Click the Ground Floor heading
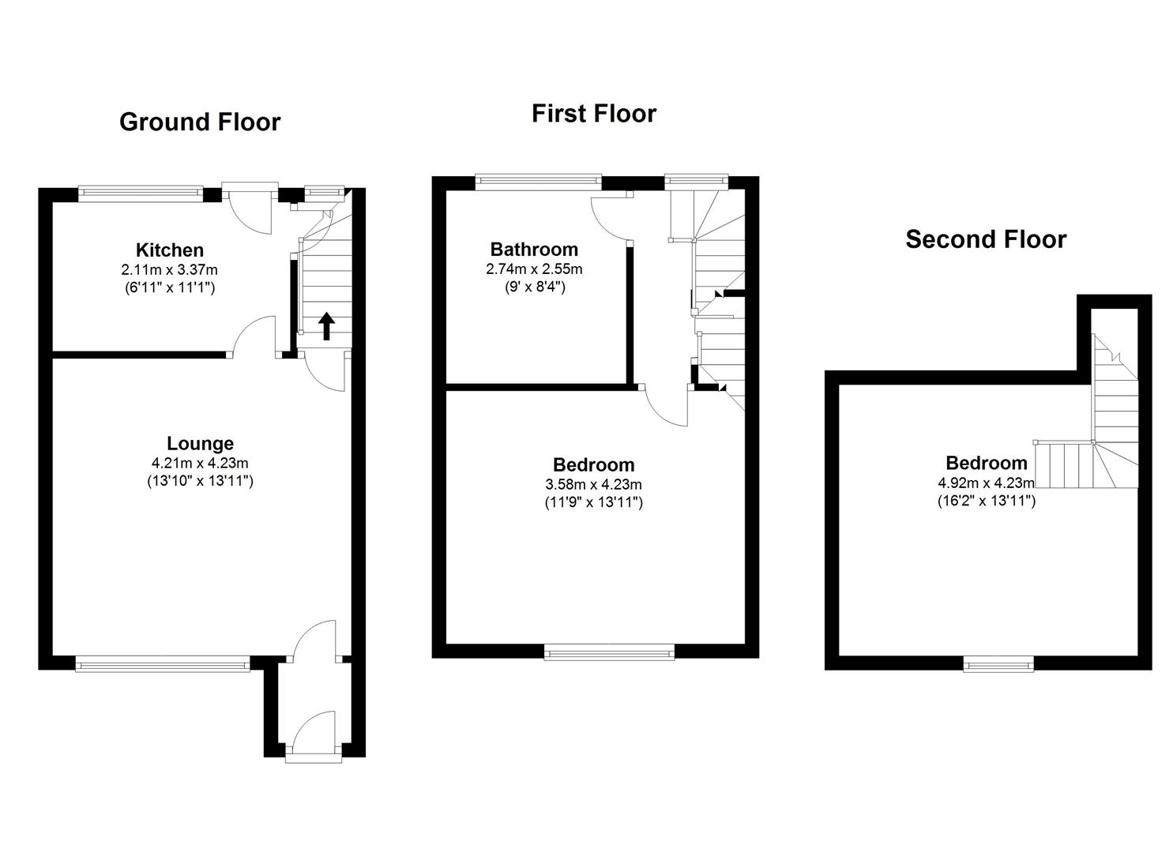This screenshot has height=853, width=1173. click(x=199, y=122)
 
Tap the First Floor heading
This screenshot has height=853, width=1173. click(x=593, y=114)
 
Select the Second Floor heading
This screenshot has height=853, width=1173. click(x=985, y=239)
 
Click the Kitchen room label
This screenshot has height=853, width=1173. click(x=170, y=250)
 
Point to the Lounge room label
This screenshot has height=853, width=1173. click(x=200, y=444)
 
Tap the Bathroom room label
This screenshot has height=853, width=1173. click(x=534, y=250)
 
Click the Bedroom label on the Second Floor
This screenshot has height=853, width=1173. click(x=986, y=463)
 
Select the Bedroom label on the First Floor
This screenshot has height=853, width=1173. click(x=593, y=464)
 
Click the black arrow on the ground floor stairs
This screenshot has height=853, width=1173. click(x=326, y=325)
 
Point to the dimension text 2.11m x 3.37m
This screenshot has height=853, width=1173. click(x=170, y=270)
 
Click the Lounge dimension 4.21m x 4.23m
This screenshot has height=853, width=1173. click(x=200, y=463)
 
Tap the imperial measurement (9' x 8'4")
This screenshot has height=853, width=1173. click(x=535, y=287)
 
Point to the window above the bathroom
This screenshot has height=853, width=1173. click(x=538, y=182)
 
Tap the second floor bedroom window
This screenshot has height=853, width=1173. click(x=998, y=665)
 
